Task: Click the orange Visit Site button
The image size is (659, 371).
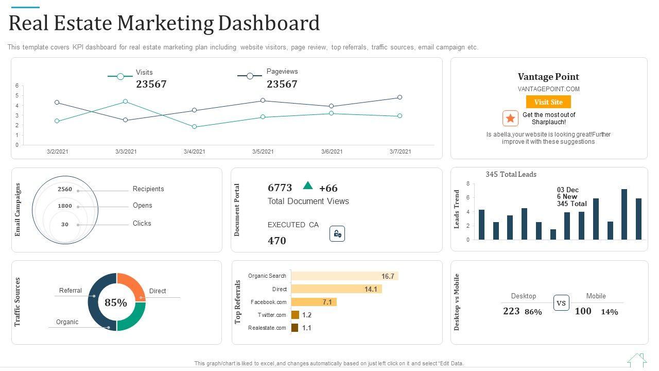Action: click(x=548, y=102)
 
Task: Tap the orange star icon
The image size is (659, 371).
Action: click(x=510, y=119)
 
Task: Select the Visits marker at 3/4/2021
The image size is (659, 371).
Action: click(x=194, y=127)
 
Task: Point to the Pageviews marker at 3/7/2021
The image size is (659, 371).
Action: click(x=400, y=97)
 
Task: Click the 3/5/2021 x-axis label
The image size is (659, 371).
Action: click(x=263, y=151)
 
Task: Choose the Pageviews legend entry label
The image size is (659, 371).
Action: click(x=282, y=72)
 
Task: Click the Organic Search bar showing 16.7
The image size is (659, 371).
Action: click(x=344, y=276)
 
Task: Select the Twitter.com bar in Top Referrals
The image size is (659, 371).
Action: click(x=295, y=315)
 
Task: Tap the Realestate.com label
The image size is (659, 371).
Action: click(x=267, y=328)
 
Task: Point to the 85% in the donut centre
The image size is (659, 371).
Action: click(x=116, y=303)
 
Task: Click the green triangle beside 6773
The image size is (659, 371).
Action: click(x=308, y=185)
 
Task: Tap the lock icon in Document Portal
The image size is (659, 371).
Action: click(x=337, y=234)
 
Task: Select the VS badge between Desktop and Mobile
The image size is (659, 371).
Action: click(x=561, y=303)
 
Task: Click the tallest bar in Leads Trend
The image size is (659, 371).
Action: click(x=624, y=214)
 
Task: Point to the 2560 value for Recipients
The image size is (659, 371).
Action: click(x=65, y=189)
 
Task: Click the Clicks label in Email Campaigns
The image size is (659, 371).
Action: click(x=142, y=224)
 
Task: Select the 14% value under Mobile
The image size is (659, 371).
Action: click(x=610, y=312)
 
